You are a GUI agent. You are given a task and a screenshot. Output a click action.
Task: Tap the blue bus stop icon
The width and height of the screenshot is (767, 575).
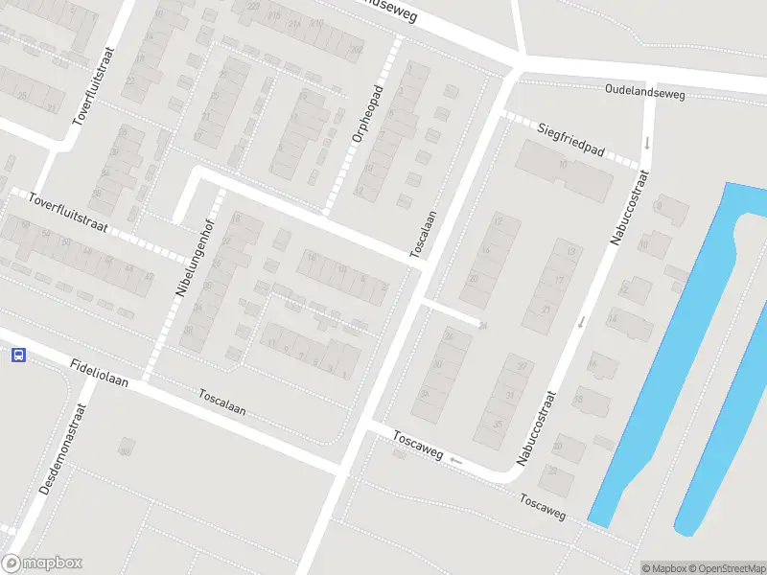pos(17,356)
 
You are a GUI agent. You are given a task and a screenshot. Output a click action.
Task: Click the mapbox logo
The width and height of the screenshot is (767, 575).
pos(42,563)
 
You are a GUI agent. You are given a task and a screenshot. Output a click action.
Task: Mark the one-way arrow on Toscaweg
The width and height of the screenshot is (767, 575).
pos(455,461)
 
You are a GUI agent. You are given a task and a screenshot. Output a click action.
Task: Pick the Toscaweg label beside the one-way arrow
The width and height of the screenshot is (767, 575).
pos(417,444)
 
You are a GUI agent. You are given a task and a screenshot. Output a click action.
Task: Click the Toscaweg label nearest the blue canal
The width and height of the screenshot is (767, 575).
pos(543,507)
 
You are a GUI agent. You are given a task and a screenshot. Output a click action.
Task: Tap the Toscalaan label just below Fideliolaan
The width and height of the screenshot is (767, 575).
pos(222,401)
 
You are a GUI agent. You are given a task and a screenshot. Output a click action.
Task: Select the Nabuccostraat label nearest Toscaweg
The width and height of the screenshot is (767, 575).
pos(536,428)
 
